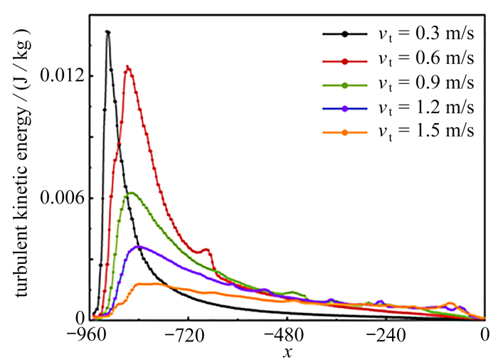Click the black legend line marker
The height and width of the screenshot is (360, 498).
click(345, 33)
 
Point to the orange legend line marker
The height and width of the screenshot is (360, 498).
click(345, 133)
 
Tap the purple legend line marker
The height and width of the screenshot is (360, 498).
click(345, 108)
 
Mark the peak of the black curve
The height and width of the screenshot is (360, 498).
click(107, 32)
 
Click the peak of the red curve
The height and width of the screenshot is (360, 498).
click(127, 68)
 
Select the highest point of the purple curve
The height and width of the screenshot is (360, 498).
click(140, 246)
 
